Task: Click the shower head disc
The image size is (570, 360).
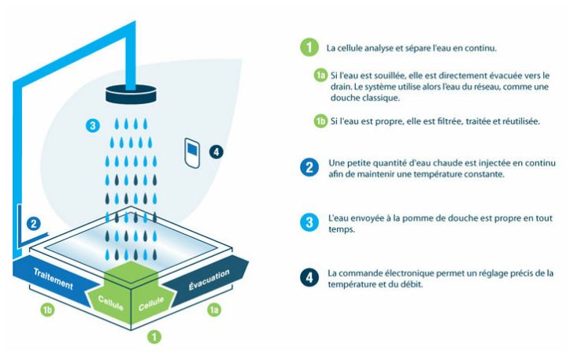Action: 131,95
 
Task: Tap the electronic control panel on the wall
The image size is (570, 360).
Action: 192,153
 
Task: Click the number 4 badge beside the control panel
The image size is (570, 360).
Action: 217,151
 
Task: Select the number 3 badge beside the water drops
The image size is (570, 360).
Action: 93,125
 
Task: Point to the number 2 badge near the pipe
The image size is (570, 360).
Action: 33,223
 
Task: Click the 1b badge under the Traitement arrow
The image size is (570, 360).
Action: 47,310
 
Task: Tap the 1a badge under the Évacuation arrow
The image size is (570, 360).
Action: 214,310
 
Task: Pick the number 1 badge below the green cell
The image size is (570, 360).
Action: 154,336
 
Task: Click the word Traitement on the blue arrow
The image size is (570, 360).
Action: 53,279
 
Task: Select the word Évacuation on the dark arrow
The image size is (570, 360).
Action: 209,280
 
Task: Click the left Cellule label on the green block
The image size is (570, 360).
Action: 110,302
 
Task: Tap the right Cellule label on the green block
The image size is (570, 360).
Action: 151,303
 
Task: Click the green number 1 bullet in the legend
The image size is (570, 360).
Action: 309,47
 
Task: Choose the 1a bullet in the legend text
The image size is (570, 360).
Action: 320,76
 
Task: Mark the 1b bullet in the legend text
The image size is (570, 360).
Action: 320,121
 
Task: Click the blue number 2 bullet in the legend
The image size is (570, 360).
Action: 309,167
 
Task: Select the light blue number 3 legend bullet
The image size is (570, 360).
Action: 309,222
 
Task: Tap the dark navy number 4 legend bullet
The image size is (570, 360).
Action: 309,278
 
